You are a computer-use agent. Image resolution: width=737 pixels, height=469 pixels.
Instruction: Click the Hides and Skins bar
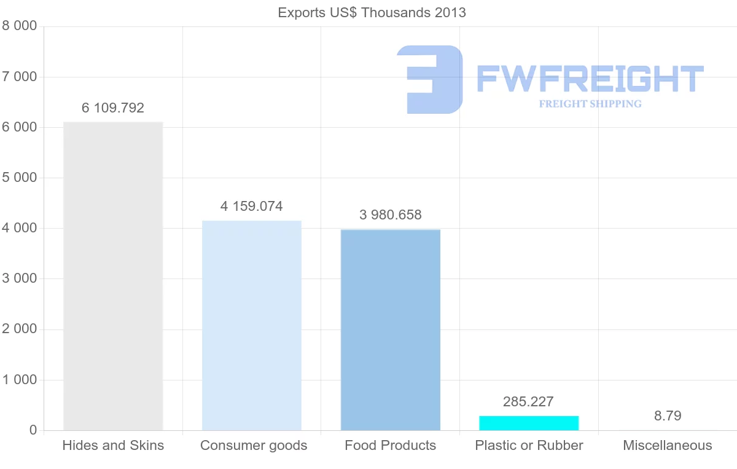[113, 276]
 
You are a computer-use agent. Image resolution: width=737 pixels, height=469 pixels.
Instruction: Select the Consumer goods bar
[252, 325]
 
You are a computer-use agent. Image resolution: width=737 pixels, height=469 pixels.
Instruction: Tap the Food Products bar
[391, 329]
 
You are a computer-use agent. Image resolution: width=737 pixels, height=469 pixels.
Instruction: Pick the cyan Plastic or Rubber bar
[529, 423]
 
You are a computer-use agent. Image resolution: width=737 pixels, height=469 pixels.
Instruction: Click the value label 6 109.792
[113, 108]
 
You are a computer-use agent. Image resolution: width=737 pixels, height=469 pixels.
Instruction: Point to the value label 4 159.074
[252, 207]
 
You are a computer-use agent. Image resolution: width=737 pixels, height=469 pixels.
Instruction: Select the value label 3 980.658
[391, 215]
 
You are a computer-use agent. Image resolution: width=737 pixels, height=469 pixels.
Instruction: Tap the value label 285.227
[528, 402]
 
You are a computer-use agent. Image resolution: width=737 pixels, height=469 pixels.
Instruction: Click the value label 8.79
[668, 416]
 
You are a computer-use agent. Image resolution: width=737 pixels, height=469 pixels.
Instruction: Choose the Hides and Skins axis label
[113, 446]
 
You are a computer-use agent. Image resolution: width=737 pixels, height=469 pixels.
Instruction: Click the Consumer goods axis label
[254, 446]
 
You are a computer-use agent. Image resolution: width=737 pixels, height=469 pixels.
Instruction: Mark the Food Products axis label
[391, 446]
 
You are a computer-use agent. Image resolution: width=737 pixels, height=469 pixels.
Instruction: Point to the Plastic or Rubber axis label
[529, 446]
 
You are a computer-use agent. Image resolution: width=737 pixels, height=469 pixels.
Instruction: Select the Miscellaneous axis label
[668, 446]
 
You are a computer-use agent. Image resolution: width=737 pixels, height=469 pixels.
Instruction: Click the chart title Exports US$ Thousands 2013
[372, 13]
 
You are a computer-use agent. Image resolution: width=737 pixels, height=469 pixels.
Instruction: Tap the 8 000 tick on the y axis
[20, 26]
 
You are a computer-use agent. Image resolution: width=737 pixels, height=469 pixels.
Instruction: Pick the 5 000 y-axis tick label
[20, 178]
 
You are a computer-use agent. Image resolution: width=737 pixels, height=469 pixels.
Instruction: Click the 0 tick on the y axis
[33, 430]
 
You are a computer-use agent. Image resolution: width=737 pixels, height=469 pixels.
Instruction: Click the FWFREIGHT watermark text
[590, 79]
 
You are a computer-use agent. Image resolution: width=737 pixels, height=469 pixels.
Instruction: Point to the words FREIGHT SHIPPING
[590, 104]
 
